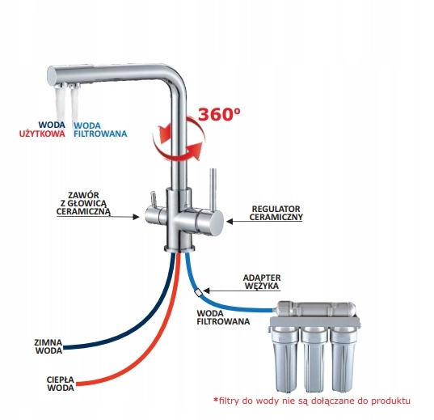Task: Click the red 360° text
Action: pyautogui.click(x=219, y=114)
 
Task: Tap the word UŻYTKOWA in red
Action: pyautogui.click(x=42, y=134)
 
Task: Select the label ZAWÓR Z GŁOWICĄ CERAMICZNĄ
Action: pyautogui.click(x=83, y=203)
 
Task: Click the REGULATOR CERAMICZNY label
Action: pyautogui.click(x=276, y=213)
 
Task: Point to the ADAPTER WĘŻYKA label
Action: pyautogui.click(x=262, y=282)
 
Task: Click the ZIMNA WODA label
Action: pyautogui.click(x=48, y=346)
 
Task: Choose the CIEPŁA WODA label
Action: pyautogui.click(x=61, y=384)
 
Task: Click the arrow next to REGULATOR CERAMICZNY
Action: pyautogui.click(x=264, y=221)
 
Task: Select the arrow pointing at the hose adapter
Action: pyautogui.click(x=242, y=291)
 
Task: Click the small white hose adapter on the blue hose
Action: pyautogui.click(x=199, y=292)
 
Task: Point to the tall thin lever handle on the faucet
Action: pyautogui.click(x=213, y=189)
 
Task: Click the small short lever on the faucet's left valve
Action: pyautogui.click(x=153, y=199)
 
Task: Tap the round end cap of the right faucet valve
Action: pyautogui.click(x=216, y=223)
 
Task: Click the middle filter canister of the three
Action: pyautogui.click(x=314, y=360)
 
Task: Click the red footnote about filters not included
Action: pyautogui.click(x=311, y=401)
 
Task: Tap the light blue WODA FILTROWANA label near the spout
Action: pyautogui.click(x=100, y=129)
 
